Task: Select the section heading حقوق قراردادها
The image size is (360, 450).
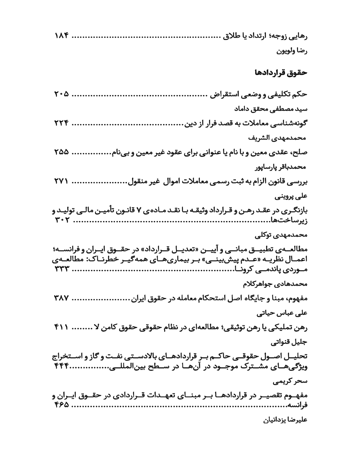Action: pyautogui.click(x=280, y=73)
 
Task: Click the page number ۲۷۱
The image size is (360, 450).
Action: pyautogui.click(x=61, y=181)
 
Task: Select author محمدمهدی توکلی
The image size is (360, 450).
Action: pyautogui.click(x=281, y=235)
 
